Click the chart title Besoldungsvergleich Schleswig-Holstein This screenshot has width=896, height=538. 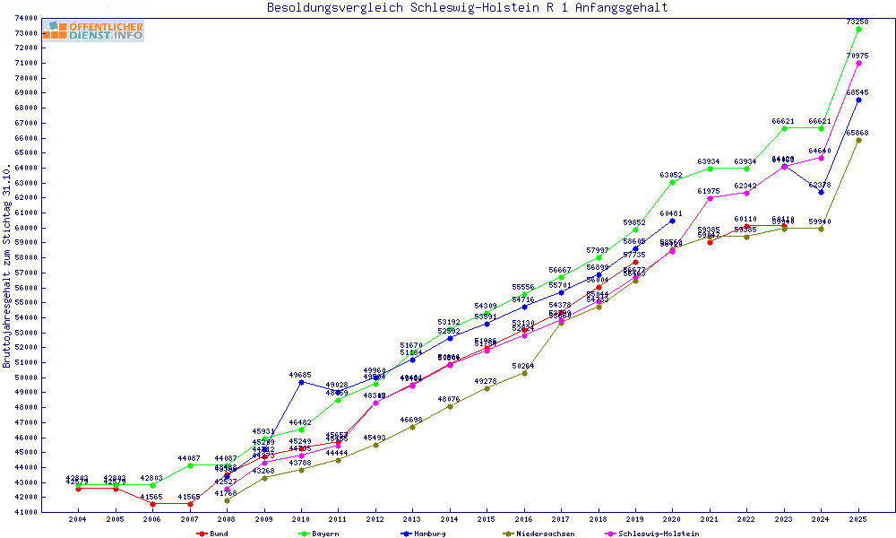pyautogui.click(x=467, y=8)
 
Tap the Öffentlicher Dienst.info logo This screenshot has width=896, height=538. pyautogui.click(x=93, y=31)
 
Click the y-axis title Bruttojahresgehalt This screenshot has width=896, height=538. pyautogui.click(x=8, y=266)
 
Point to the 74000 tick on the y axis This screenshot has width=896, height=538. pyautogui.click(x=25, y=18)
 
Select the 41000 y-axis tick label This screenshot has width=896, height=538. pyautogui.click(x=25, y=512)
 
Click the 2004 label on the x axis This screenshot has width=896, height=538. pyautogui.click(x=78, y=519)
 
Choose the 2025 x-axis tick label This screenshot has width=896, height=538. pyautogui.click(x=857, y=519)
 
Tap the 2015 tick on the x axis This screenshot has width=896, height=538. pyautogui.click(x=487, y=519)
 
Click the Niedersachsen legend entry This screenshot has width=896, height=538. pyautogui.click(x=543, y=534)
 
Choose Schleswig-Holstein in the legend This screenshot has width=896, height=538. pyautogui.click(x=659, y=534)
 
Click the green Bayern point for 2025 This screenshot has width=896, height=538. pyautogui.click(x=858, y=29)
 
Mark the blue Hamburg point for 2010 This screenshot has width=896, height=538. pyautogui.click(x=301, y=382)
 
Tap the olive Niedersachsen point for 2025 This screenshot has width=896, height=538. pyautogui.click(x=858, y=140)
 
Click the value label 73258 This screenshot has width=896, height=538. pyautogui.click(x=857, y=21)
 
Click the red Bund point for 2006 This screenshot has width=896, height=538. pyautogui.click(x=152, y=504)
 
